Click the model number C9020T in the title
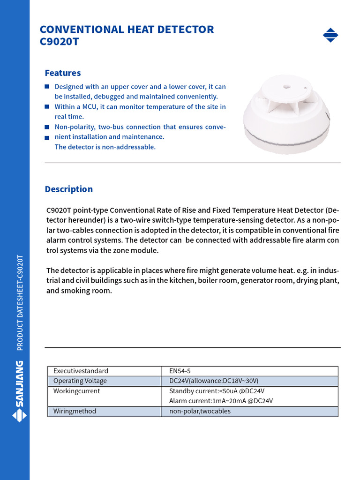coord(60,42)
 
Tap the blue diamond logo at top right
coord(331,35)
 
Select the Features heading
coord(63,73)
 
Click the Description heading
coord(69,189)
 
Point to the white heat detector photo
coord(286,115)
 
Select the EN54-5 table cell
coord(180,371)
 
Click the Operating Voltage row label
coord(80,381)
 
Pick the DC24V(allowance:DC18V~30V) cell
coord(214,381)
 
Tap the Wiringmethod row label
coord(75,411)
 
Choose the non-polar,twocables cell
coord(200,411)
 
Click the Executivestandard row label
coord(81,371)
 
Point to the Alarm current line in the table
coord(221,401)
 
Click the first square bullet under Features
coord(47,87)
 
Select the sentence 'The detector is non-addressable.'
coord(105,147)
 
